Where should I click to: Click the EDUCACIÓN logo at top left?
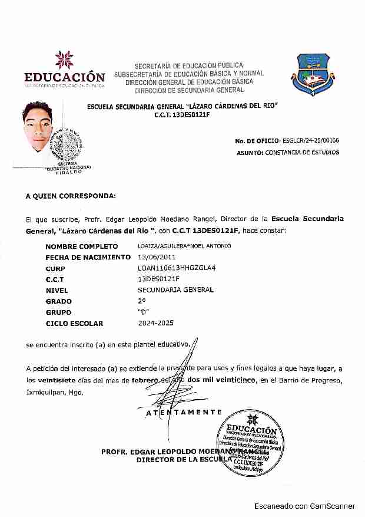64,70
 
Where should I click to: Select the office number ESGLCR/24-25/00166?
310,140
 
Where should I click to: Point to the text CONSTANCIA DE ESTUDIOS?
302,152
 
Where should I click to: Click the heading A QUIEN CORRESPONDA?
71,196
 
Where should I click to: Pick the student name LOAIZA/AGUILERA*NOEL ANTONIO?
184,246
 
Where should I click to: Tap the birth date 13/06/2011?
155,257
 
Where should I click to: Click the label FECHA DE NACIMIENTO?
88,257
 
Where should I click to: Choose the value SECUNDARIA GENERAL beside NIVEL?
175,290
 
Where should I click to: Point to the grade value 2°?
141,301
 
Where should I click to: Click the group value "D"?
142,312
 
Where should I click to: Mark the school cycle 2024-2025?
156,323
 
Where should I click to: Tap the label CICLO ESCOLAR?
74,324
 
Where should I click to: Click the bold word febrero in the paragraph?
145,380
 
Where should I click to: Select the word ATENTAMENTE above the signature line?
184,413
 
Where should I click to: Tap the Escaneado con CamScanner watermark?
304,506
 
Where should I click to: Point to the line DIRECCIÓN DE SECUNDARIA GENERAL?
189,90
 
